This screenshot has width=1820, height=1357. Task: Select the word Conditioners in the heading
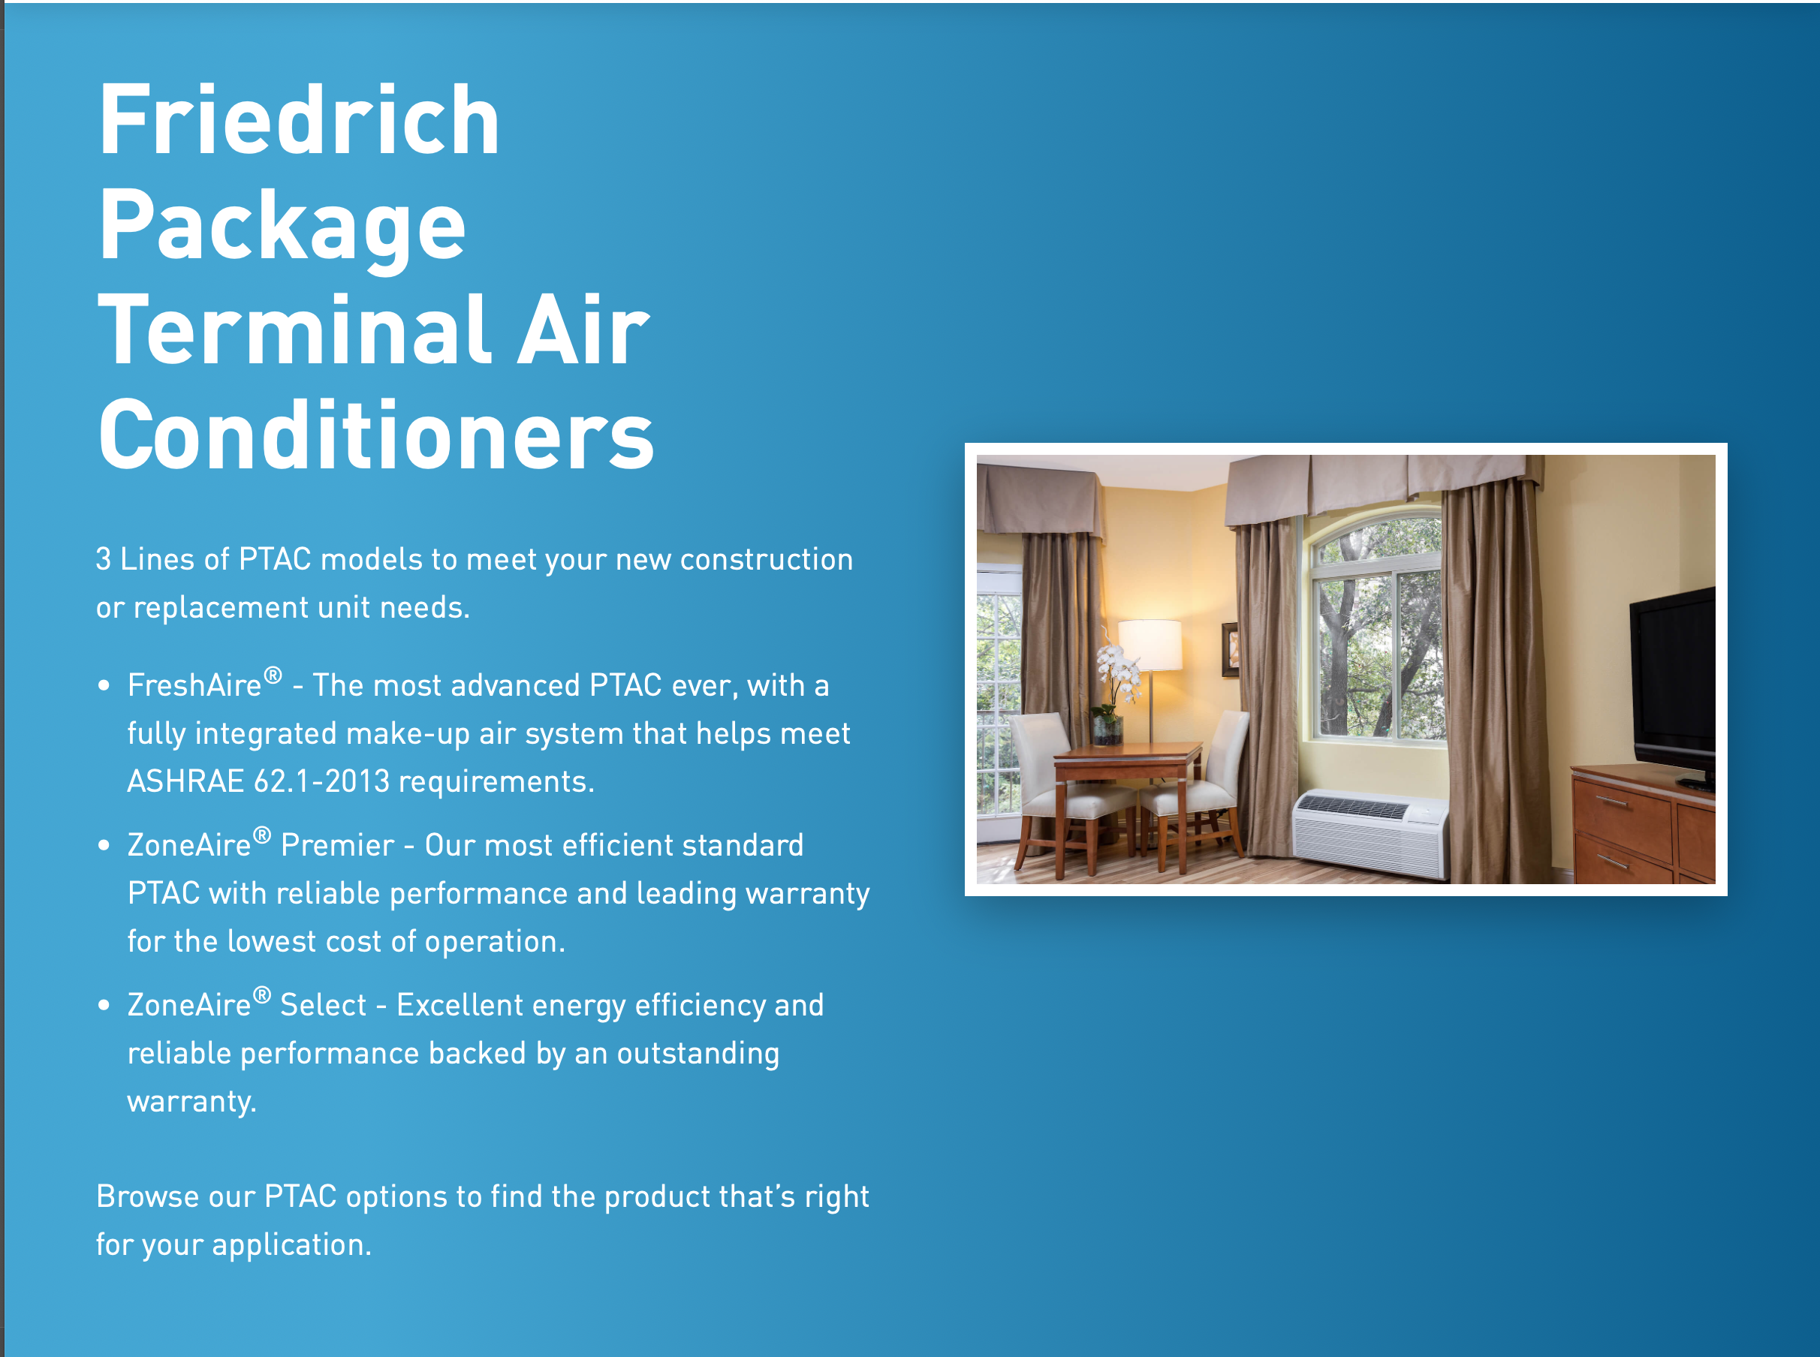tap(376, 435)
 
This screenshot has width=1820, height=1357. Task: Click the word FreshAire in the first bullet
tap(194, 685)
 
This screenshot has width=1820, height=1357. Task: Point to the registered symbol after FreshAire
tap(273, 675)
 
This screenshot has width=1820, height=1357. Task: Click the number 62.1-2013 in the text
tap(322, 781)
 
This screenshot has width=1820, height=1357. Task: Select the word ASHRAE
tap(185, 781)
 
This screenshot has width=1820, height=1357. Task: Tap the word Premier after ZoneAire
tap(338, 845)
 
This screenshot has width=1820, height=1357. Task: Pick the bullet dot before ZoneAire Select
tap(104, 1006)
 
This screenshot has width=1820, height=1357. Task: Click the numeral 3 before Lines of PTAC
tap(104, 559)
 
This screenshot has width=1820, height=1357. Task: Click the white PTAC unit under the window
tap(1370, 834)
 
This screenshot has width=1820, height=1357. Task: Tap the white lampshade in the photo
tap(1150, 645)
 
